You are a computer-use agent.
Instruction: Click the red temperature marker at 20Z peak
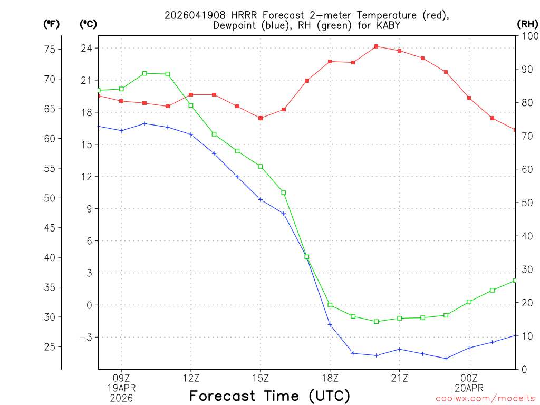[x=376, y=46]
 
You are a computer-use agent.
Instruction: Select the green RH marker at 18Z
[x=330, y=305]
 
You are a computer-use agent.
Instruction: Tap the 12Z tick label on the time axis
[x=191, y=378]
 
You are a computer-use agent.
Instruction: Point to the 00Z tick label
[x=469, y=378]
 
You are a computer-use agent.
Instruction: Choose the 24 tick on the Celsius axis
[x=86, y=48]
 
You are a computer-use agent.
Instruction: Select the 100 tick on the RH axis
[x=528, y=36]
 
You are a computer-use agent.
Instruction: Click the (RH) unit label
[x=527, y=24]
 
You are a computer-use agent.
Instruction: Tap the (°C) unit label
[x=88, y=24]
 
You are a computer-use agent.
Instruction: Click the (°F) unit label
[x=52, y=24]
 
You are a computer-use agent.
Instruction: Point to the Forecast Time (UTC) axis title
[x=269, y=396]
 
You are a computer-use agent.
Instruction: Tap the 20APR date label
[x=469, y=388]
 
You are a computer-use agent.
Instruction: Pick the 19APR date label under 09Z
[x=122, y=388]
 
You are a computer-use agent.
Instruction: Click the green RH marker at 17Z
[x=307, y=257]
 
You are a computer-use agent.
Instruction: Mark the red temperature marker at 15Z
[x=261, y=118]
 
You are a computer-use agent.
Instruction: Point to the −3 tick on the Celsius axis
[x=84, y=337]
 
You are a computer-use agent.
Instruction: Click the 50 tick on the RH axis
[x=526, y=202]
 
